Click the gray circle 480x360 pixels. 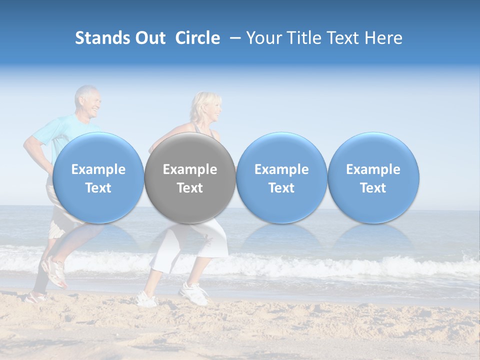190,177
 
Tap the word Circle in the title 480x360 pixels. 197,38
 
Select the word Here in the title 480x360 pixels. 384,38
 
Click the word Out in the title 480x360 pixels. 149,38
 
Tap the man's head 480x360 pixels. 87,102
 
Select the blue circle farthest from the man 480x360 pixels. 373,177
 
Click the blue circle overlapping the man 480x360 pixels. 98,177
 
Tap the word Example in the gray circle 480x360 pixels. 190,169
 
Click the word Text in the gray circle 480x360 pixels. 190,188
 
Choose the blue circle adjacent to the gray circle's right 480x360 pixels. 281,177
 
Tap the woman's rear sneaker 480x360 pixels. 146,299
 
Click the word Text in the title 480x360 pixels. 344,38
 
